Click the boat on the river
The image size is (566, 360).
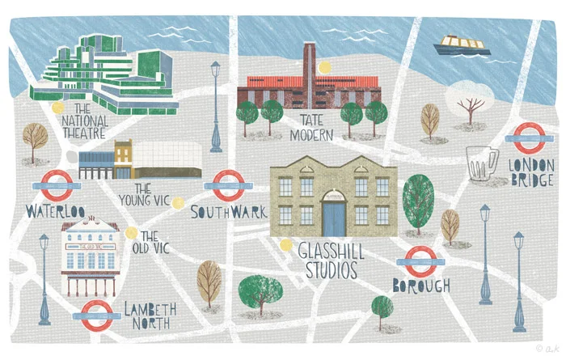(461, 44)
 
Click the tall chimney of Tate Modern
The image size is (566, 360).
(309, 61)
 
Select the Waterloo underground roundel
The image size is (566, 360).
(56, 185)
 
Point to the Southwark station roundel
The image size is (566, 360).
(226, 184)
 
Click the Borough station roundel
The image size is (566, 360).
(420, 261)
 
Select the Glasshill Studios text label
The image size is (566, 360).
(332, 260)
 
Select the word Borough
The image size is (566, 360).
(420, 286)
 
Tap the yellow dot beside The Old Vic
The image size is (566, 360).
(131, 232)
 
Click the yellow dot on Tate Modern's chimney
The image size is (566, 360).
(324, 68)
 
